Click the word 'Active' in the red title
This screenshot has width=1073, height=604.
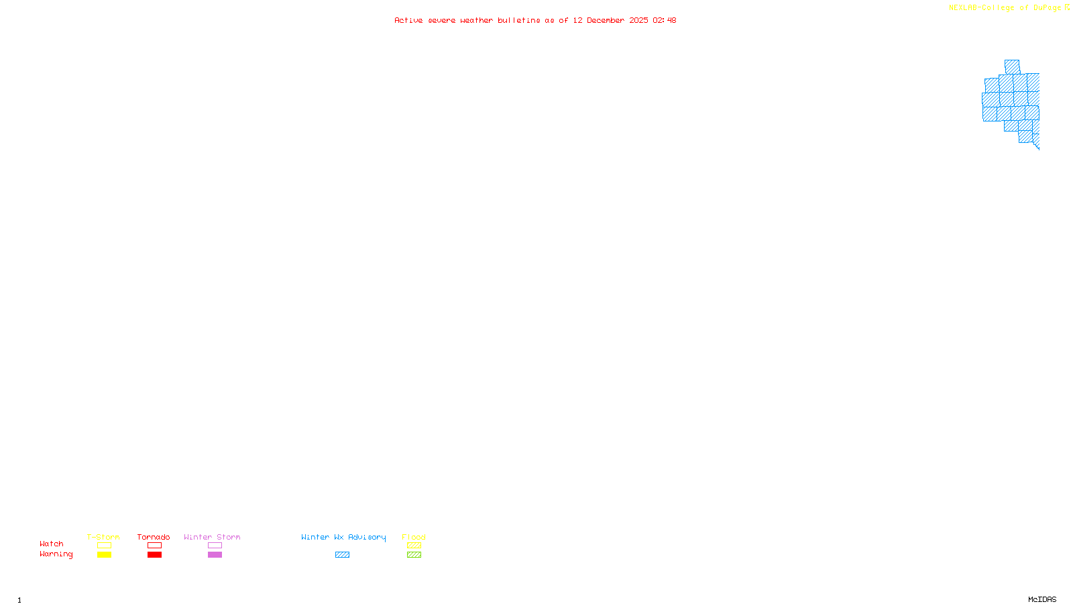408,21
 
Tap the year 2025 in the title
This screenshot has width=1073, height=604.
638,21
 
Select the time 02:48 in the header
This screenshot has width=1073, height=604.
665,21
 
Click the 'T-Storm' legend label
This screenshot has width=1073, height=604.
103,537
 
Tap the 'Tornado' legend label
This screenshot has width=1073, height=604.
154,537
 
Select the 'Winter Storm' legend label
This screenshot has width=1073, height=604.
212,537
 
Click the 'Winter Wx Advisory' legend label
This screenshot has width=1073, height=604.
343,537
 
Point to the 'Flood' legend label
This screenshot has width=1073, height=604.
414,537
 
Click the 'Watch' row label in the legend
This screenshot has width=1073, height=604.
52,544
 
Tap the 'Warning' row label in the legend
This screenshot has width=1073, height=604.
56,554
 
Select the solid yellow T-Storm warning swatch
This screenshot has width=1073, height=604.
104,555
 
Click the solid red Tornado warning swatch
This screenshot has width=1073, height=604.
155,555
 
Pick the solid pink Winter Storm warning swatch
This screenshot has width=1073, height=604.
215,555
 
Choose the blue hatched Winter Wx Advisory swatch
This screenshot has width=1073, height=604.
342,555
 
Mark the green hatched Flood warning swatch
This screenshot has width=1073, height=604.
414,555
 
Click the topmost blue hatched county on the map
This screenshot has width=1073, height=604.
1012,66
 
